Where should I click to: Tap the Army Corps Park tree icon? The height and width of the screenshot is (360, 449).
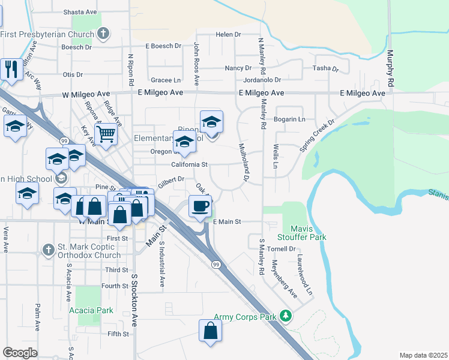click(x=286, y=316)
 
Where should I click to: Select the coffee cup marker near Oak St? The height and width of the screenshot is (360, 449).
click(x=200, y=206)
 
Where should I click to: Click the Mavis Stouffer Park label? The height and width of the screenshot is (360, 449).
click(x=308, y=233)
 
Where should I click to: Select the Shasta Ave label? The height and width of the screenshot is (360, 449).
click(x=80, y=12)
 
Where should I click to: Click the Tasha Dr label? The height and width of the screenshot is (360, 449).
click(x=325, y=68)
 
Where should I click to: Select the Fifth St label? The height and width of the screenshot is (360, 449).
click(x=118, y=334)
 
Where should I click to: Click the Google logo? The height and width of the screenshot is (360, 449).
click(x=20, y=353)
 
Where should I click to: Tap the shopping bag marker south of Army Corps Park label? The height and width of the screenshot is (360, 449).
click(x=210, y=330)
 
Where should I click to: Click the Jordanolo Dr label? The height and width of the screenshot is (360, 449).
click(x=262, y=80)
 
